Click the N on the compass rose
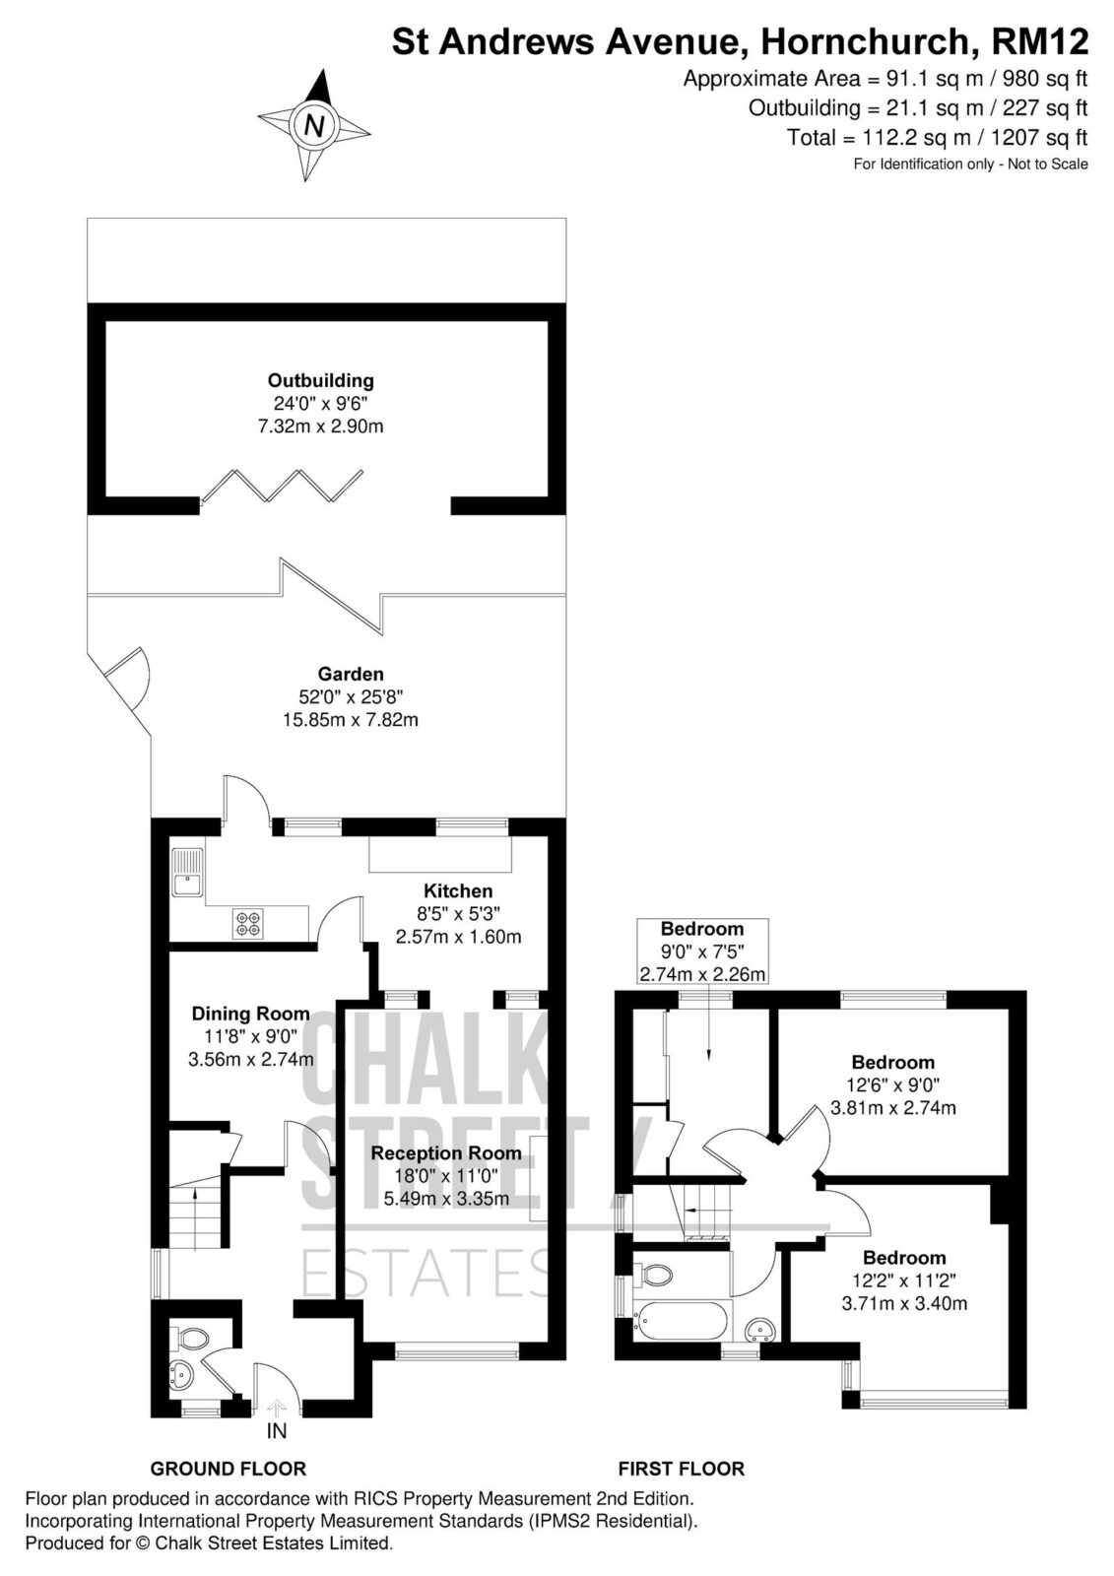pos(314,127)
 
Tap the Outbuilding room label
pos(320,380)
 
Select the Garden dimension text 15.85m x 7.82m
pos(351,720)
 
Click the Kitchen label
pos(458,890)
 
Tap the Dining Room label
pos(250,1014)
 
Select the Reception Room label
pos(446,1153)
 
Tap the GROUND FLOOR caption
pos(229,1469)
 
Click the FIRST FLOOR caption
pos(682,1469)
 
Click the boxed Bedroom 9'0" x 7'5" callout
pos(702,951)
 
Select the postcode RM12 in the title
pos(1039,41)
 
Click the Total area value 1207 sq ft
pos(1039,137)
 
